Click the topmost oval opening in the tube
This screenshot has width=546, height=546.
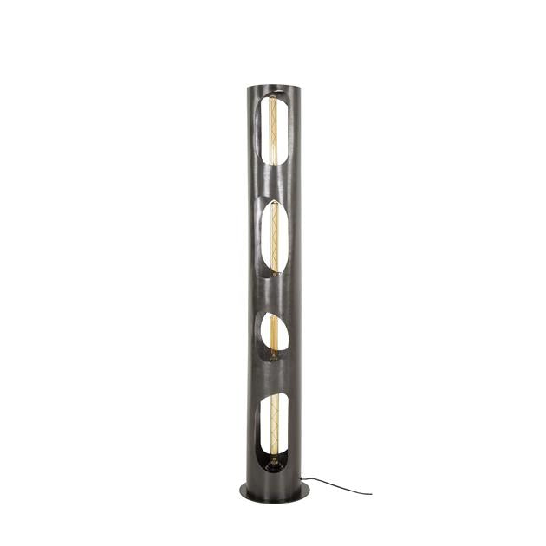[x=272, y=130]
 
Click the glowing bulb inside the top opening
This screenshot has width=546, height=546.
[x=274, y=130]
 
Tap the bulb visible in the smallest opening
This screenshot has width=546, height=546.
[x=274, y=334]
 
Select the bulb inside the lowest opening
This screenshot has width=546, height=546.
[x=274, y=425]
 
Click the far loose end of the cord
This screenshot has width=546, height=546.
[x=371, y=493]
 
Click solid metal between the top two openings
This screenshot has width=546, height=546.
[x=270, y=182]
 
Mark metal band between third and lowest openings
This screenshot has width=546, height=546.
[x=270, y=378]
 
